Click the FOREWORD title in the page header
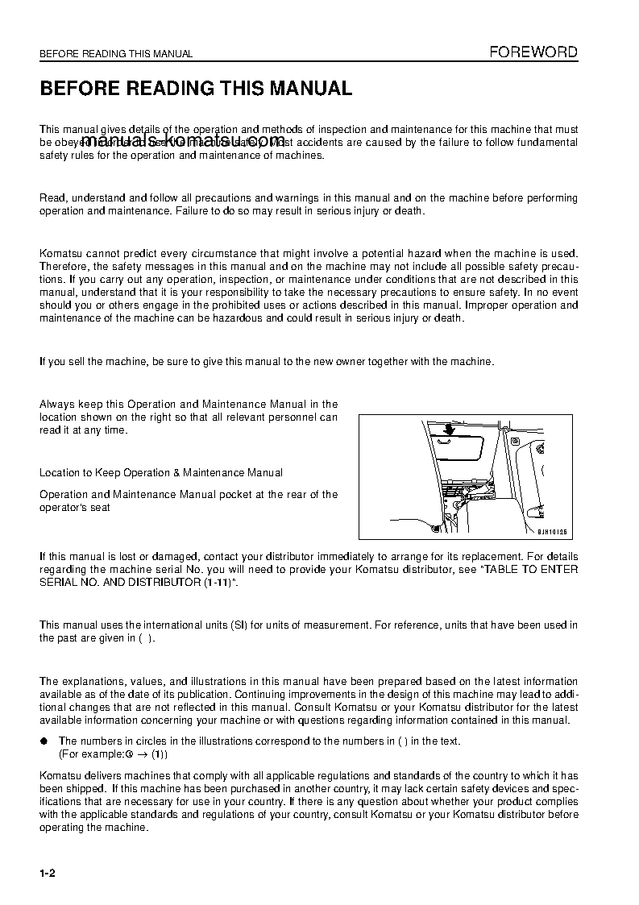(533, 52)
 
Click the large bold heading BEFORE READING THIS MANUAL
(196, 89)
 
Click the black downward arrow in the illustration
(449, 429)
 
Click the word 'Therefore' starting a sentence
(64, 267)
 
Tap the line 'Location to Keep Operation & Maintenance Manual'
(161, 472)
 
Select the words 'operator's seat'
(75, 508)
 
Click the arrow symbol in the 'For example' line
(142, 754)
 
